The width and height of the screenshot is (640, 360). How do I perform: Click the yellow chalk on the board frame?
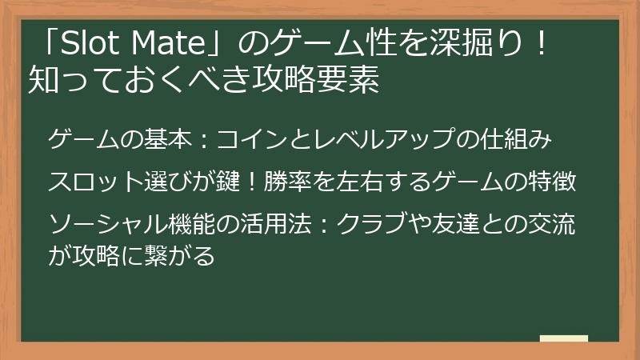click(563, 339)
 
